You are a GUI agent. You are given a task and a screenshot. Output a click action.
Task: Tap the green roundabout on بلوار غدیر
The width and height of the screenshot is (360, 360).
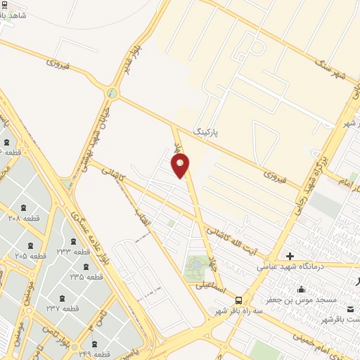(111, 93)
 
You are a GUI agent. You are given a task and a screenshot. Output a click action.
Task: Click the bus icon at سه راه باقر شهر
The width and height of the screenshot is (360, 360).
(239, 300)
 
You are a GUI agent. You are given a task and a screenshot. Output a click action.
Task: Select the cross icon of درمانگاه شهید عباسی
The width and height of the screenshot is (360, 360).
(289, 255)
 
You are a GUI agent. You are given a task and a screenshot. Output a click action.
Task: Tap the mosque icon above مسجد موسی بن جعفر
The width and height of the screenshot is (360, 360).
(302, 289)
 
